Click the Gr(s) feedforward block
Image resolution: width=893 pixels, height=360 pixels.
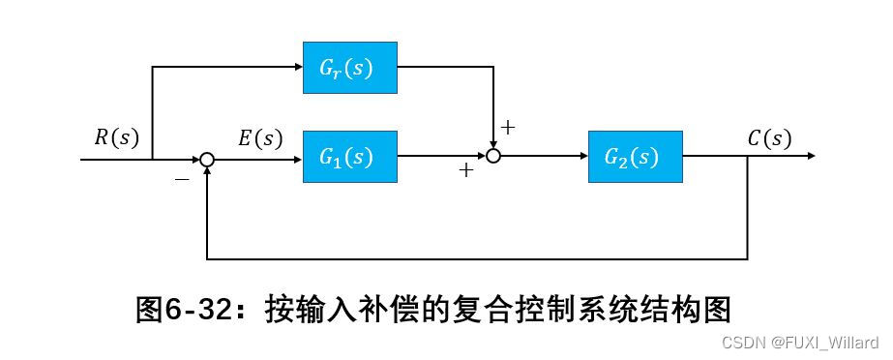click(x=349, y=68)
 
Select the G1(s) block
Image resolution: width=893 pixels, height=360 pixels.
click(x=349, y=156)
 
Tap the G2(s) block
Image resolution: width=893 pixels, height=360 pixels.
click(x=635, y=156)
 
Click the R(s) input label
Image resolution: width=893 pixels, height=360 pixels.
click(x=116, y=137)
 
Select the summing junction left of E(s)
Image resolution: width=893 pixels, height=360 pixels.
click(x=207, y=157)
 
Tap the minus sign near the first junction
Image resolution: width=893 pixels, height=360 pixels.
click(x=182, y=180)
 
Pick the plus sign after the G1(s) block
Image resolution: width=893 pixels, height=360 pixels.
click(x=466, y=171)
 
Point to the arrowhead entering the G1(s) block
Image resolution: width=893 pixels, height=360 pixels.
click(x=295, y=156)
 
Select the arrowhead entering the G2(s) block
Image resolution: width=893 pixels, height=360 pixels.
click(x=580, y=156)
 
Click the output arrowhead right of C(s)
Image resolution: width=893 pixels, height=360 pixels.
click(x=810, y=156)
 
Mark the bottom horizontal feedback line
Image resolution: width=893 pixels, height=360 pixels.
click(x=474, y=259)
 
